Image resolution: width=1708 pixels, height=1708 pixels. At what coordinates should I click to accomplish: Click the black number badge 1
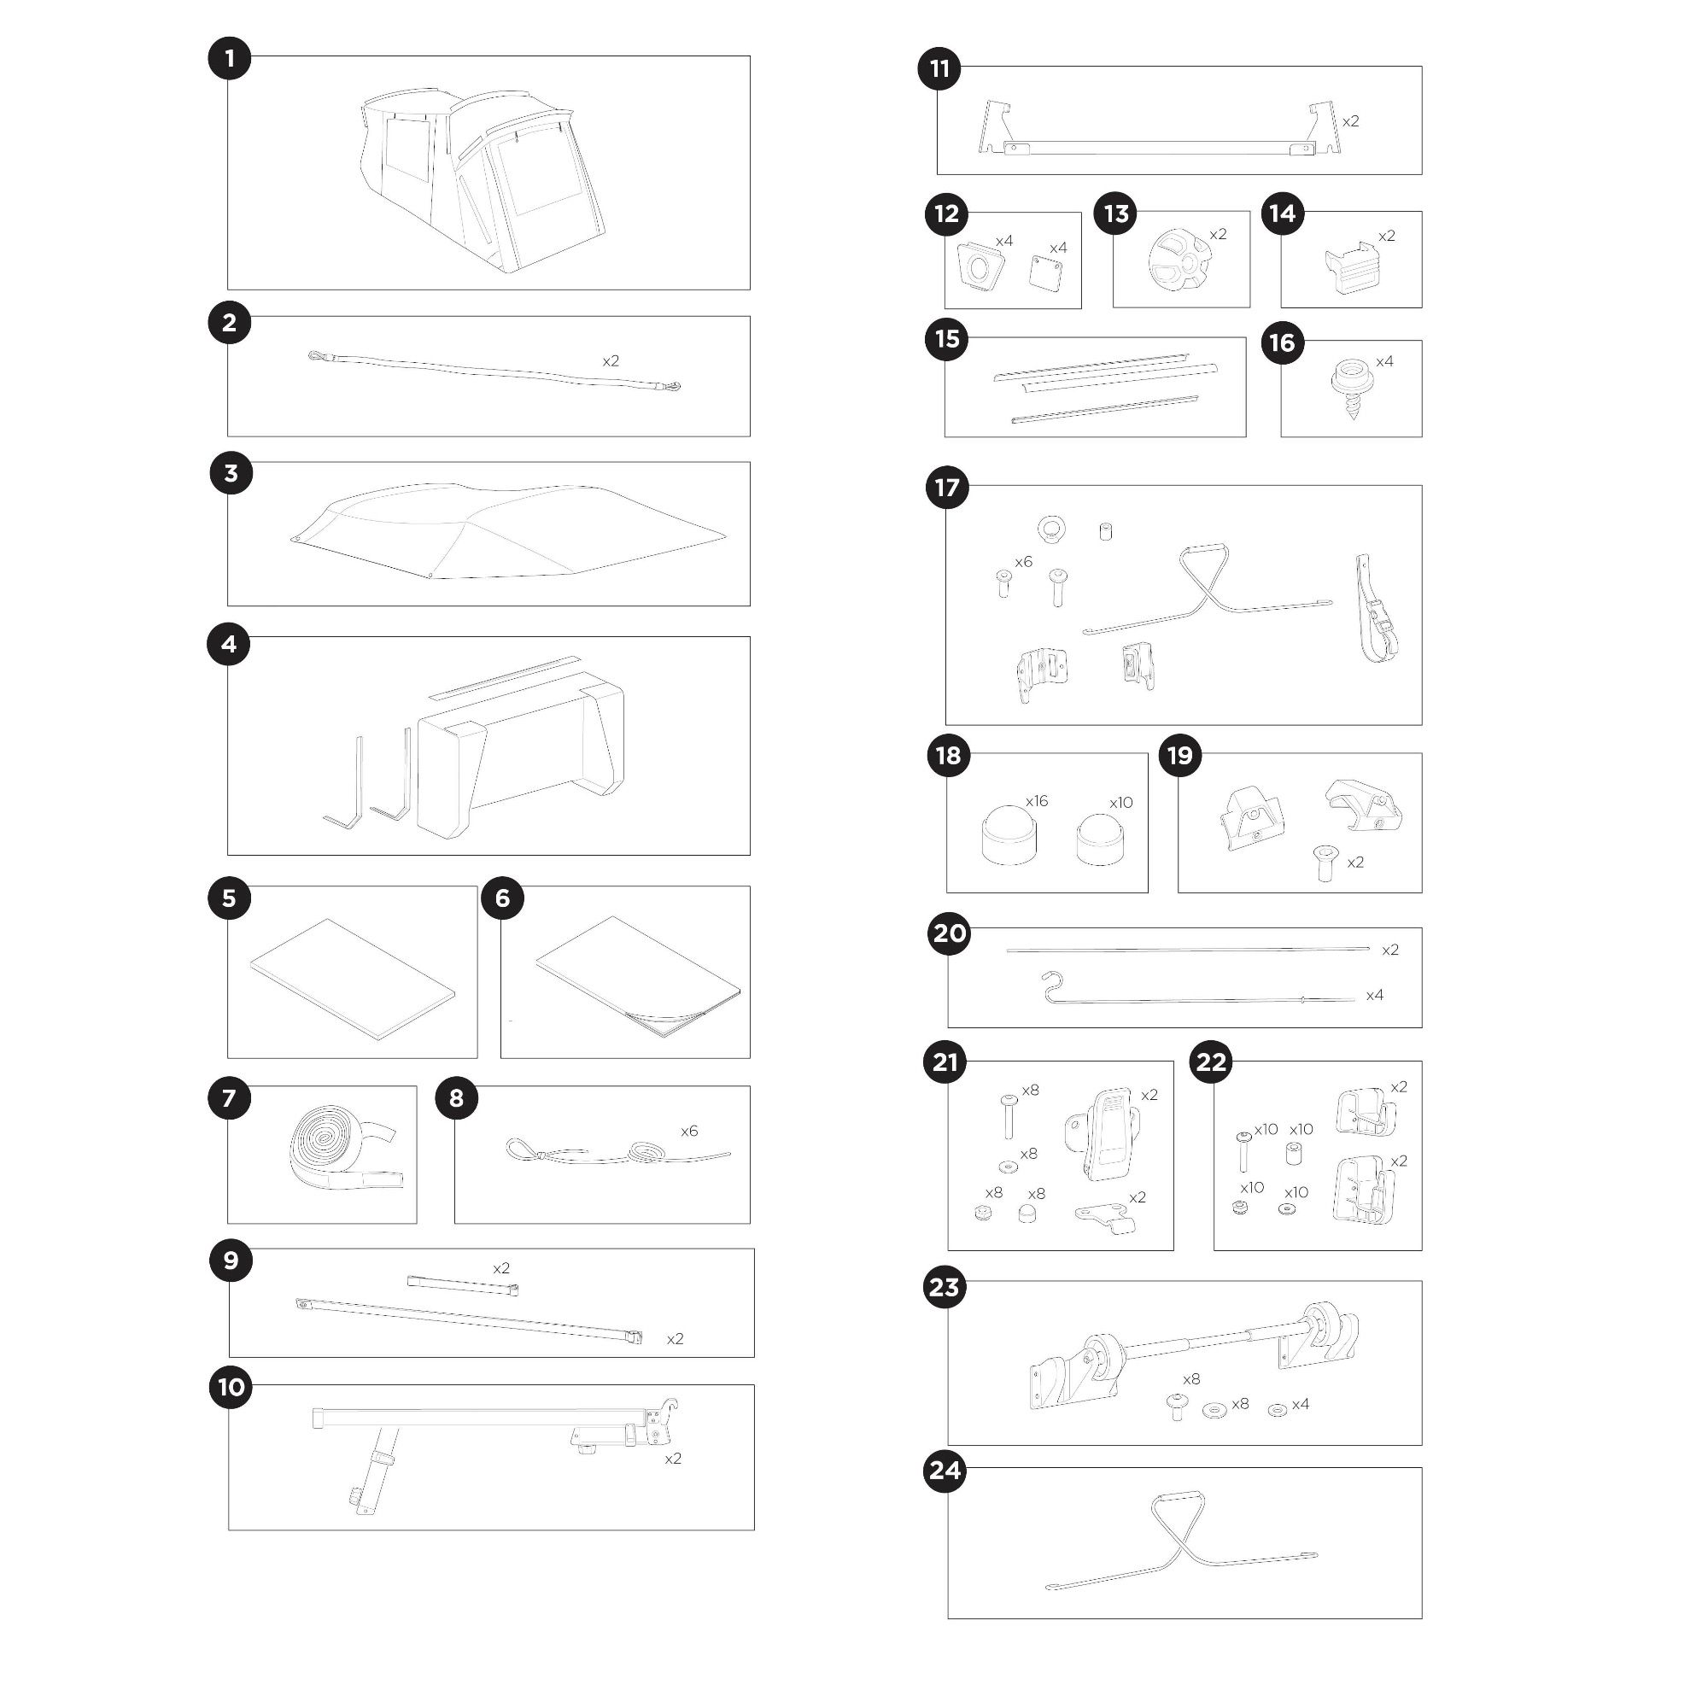point(230,59)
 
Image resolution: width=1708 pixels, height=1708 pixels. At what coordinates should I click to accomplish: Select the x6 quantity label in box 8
point(688,1131)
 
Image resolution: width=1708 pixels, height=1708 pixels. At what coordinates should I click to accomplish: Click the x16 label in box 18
point(1036,801)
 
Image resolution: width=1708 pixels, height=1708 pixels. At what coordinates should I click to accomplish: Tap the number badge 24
point(945,1471)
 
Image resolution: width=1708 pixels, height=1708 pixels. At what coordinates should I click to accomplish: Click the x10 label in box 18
point(1121,803)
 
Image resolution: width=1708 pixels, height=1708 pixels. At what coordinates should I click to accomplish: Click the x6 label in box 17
point(1023,561)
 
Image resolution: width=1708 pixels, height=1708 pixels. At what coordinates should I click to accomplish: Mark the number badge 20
point(950,933)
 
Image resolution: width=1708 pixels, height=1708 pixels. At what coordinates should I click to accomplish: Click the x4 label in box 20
point(1375,996)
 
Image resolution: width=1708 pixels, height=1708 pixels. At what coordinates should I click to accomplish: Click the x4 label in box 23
point(1301,1404)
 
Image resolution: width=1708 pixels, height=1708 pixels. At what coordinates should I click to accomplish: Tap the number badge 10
point(231,1386)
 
